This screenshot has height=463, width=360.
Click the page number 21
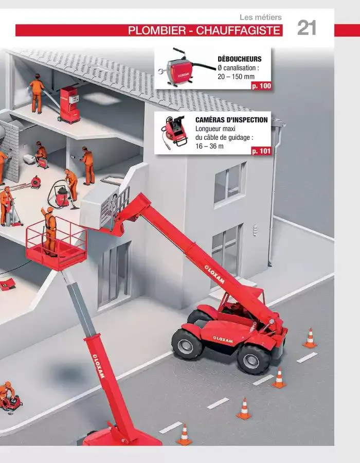point(307,28)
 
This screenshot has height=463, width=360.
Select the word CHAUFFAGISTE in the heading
point(238,30)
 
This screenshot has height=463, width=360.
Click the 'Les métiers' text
point(261,17)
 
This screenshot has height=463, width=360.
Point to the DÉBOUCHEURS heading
point(240,59)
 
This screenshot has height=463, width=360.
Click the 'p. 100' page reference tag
point(261,86)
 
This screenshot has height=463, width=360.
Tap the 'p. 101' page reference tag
point(261,151)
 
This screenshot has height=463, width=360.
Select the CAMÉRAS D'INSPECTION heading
point(231,120)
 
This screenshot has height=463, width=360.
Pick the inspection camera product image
point(175,132)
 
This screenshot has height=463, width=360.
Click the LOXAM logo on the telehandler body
point(223,340)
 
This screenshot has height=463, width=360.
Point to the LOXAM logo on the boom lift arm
point(98,366)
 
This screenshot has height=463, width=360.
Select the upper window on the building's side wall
point(229,183)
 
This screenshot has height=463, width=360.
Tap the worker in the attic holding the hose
point(37,93)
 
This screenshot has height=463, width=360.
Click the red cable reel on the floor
point(35,182)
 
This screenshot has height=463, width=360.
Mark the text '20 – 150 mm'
point(236,77)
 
